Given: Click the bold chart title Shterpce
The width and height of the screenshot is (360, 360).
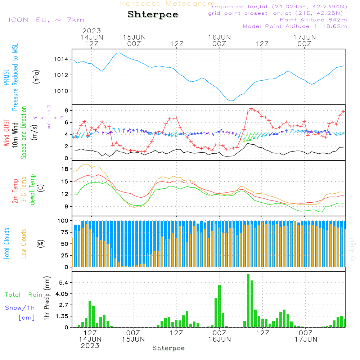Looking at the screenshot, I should (153, 15).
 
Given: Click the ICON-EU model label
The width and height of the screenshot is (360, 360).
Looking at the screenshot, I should (46, 20).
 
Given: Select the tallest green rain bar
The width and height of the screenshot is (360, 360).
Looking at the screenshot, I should (248, 301).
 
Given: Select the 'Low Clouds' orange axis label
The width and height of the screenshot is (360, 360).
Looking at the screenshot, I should (24, 243).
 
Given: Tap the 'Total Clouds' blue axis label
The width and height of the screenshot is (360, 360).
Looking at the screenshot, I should (7, 243).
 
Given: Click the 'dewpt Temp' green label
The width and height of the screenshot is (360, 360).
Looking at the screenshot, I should (32, 189).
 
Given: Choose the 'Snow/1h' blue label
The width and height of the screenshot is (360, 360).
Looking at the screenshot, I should (20, 308).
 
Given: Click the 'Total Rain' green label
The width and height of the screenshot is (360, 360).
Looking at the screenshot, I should (23, 295).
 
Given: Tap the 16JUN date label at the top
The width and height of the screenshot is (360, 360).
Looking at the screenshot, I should (219, 37).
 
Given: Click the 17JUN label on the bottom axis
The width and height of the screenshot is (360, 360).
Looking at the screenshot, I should (305, 339).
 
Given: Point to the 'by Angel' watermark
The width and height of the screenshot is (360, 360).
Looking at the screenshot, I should (352, 249).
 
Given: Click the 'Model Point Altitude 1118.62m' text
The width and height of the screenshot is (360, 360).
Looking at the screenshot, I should (295, 26).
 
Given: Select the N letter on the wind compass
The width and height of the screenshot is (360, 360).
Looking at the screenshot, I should (49, 107).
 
